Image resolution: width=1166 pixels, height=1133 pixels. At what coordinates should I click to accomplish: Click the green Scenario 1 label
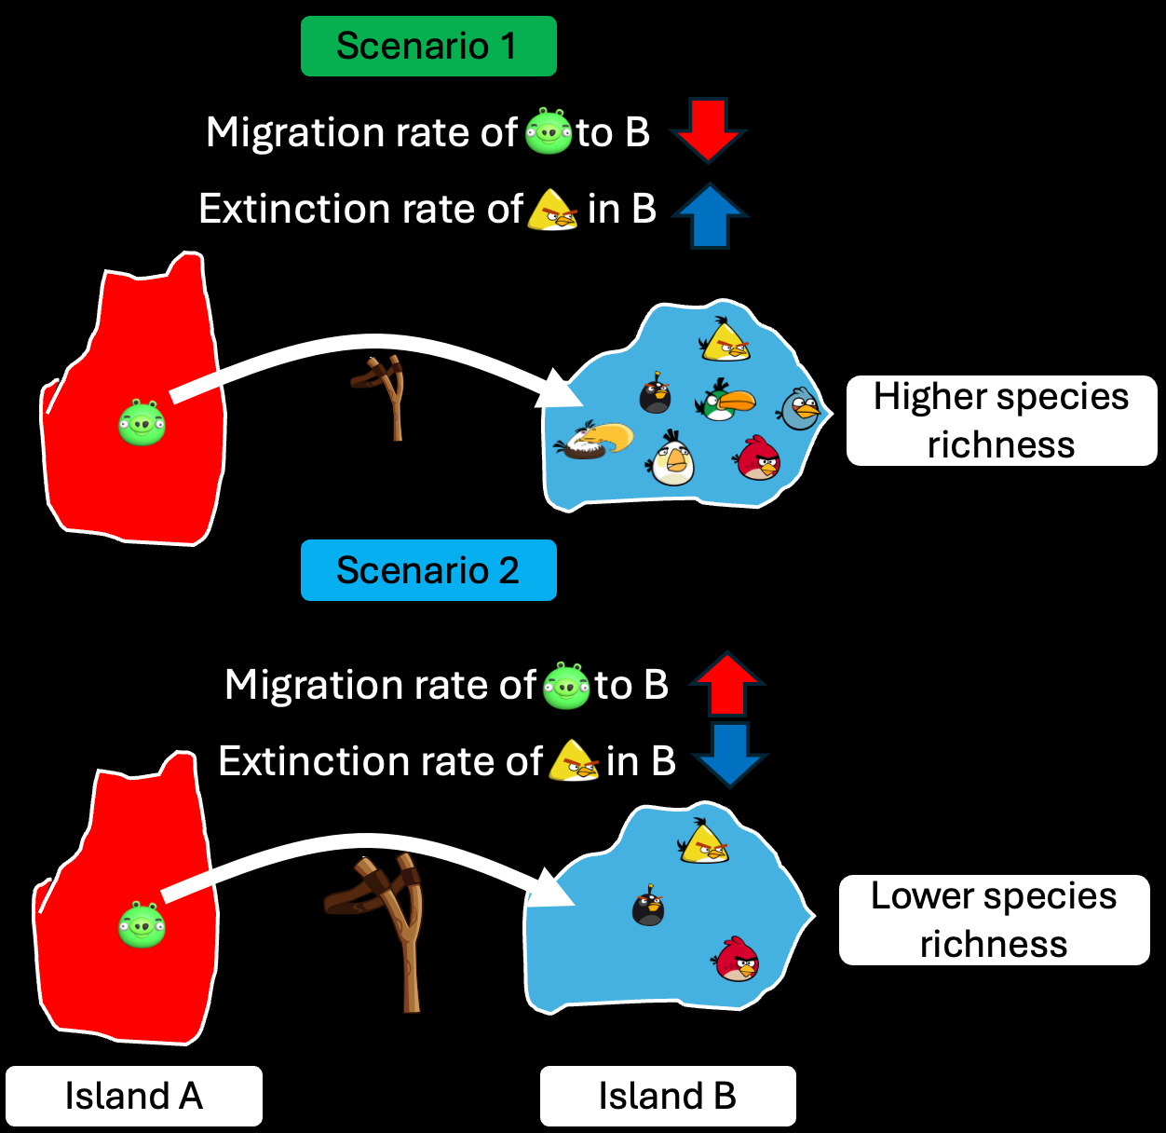click(428, 47)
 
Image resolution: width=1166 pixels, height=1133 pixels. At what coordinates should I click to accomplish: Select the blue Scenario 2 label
click(428, 570)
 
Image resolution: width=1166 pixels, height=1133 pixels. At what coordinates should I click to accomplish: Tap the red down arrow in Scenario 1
click(708, 130)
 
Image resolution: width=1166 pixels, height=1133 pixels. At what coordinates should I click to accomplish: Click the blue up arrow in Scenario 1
click(710, 215)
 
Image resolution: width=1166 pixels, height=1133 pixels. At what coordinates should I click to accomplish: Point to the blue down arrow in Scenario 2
click(730, 754)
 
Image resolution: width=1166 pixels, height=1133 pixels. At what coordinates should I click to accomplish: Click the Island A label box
click(134, 1096)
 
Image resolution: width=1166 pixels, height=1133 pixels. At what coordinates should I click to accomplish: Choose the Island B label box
click(668, 1096)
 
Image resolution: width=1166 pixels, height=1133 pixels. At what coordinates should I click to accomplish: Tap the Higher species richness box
click(1001, 421)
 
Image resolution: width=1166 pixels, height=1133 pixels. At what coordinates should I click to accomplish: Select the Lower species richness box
click(994, 920)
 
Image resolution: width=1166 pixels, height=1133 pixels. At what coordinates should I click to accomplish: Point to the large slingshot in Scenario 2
click(382, 927)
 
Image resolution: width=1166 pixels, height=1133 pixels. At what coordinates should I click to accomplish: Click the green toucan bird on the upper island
click(724, 401)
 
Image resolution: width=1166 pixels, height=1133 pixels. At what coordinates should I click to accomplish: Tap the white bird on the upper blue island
click(672, 458)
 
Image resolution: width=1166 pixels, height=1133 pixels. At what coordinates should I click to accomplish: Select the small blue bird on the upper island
click(800, 409)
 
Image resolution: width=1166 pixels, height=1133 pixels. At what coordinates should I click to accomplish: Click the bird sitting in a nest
click(593, 441)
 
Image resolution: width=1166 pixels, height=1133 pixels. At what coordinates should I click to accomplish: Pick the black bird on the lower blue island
click(648, 906)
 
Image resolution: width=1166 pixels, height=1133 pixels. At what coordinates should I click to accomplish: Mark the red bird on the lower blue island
click(737, 960)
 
